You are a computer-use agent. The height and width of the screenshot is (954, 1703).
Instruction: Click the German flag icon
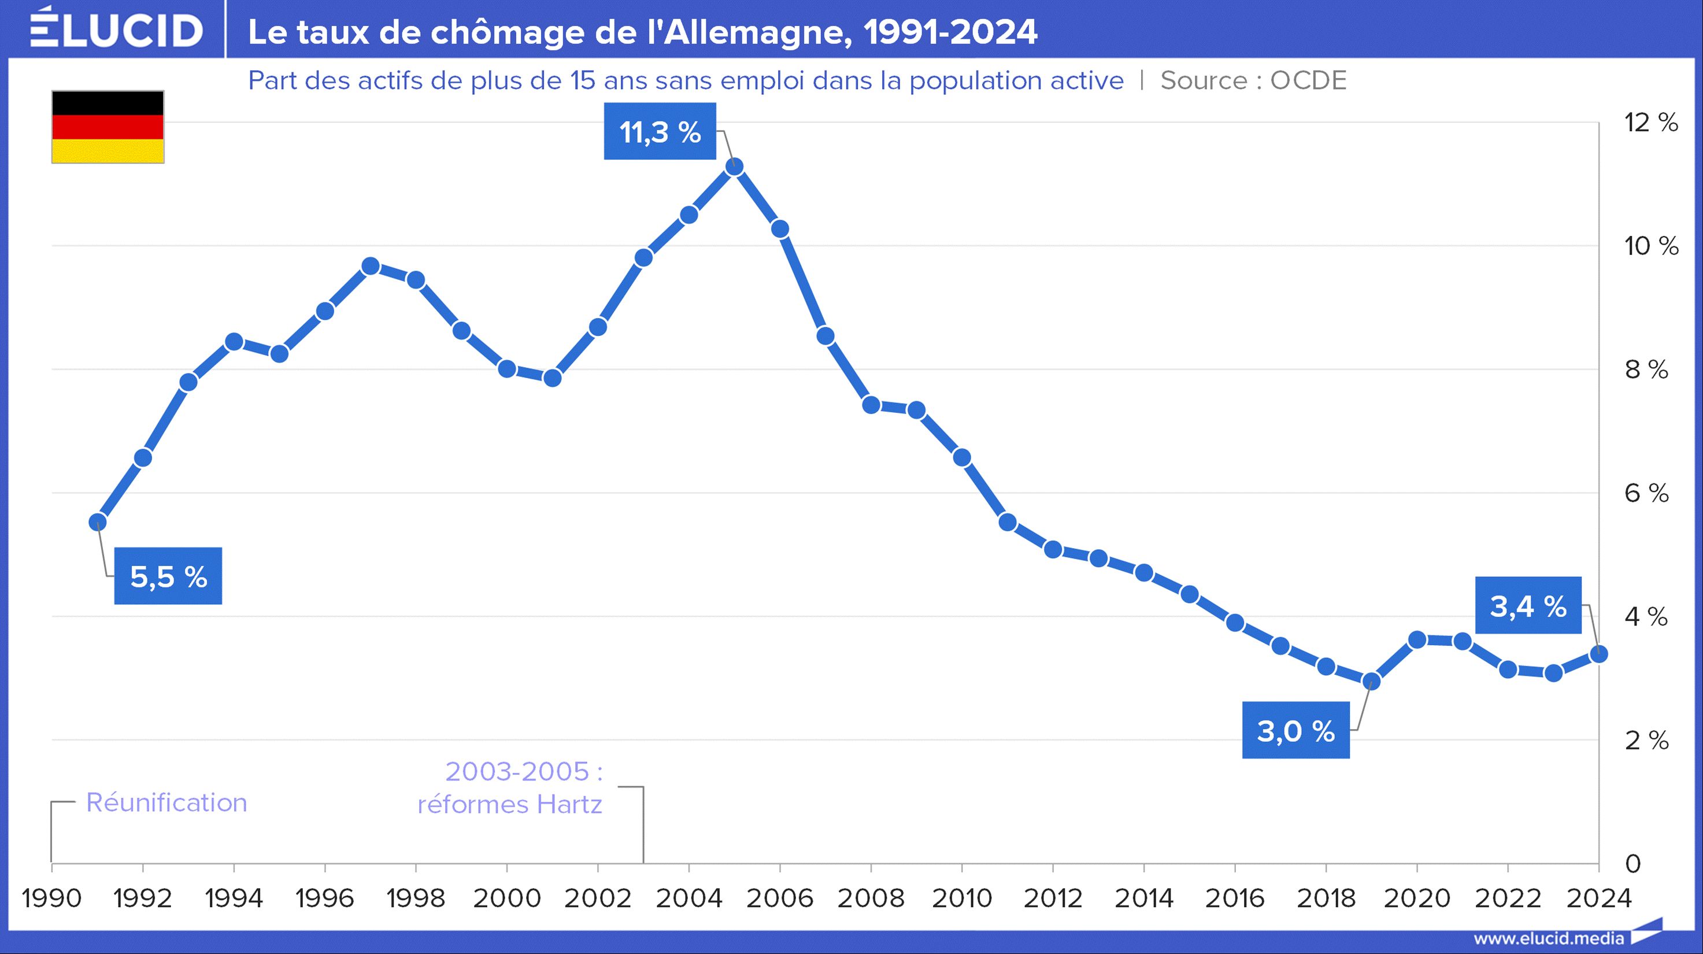point(108,127)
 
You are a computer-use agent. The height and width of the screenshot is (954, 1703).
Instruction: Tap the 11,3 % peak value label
point(660,132)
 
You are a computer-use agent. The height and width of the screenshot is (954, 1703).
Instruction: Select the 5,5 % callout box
point(168,576)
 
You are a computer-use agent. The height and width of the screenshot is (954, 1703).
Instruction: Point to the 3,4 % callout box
point(1528,605)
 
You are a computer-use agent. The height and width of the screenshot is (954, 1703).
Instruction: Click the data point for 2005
point(735,167)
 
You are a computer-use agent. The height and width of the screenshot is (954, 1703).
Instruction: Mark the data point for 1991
point(98,522)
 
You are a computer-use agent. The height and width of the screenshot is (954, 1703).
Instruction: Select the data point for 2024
point(1598,655)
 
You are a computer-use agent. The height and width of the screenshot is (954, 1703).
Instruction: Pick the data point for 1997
point(371,267)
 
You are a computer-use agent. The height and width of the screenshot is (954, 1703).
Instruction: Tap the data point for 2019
point(1371,681)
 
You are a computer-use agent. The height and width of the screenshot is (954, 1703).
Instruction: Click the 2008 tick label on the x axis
point(871,898)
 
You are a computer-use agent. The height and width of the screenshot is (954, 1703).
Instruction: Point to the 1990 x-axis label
point(51,898)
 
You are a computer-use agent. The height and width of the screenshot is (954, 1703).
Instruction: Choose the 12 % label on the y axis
point(1651,123)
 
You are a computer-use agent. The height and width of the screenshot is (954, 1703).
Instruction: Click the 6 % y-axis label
point(1646,493)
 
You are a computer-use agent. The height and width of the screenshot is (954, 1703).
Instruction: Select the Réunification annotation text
point(166,803)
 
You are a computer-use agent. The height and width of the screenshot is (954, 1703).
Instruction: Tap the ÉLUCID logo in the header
point(116,29)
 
